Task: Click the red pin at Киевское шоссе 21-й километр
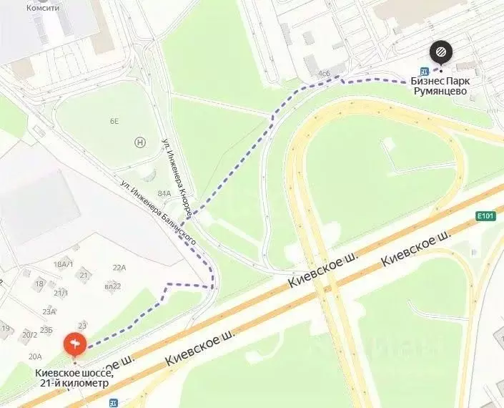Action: (x=75, y=345)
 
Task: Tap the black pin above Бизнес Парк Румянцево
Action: (x=440, y=52)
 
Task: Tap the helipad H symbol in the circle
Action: (x=140, y=142)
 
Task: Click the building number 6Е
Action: (x=114, y=121)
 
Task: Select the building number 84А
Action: (x=164, y=193)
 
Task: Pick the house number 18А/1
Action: (x=63, y=264)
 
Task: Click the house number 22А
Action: (x=119, y=268)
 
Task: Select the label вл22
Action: (x=113, y=286)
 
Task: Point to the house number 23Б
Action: (x=46, y=329)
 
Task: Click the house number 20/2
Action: (x=29, y=334)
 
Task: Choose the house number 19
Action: (x=6, y=329)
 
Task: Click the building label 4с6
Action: (x=324, y=74)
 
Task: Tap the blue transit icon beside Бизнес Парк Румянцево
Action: (x=425, y=71)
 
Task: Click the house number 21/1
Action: (x=61, y=293)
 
